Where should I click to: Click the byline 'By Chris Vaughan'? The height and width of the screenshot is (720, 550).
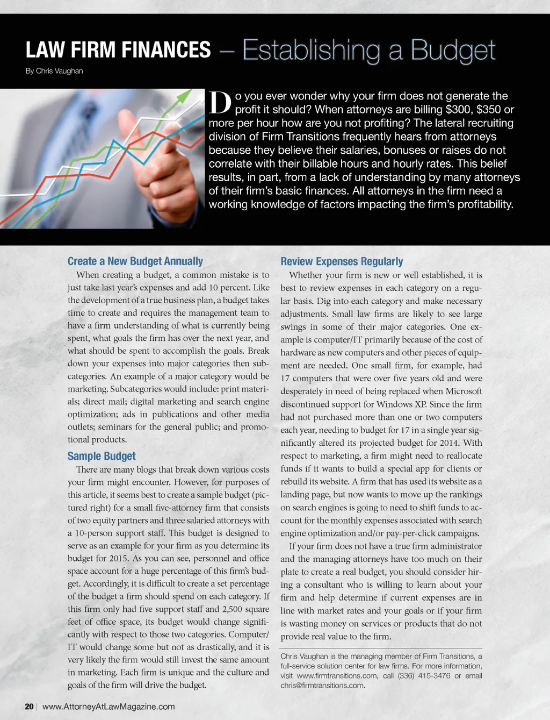pos(54,71)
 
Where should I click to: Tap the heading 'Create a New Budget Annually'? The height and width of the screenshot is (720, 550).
pos(135,261)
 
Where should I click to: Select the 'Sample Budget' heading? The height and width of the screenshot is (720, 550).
pos(102,456)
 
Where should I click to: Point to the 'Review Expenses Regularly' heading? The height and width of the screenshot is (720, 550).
pos(342,261)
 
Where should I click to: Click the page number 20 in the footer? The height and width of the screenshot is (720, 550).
pos(29,706)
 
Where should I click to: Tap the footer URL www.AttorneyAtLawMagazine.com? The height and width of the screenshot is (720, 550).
pos(108,706)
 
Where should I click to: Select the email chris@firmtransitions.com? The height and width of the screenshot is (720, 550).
pos(322,685)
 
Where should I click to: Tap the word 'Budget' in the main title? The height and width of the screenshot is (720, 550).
pos(453,50)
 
